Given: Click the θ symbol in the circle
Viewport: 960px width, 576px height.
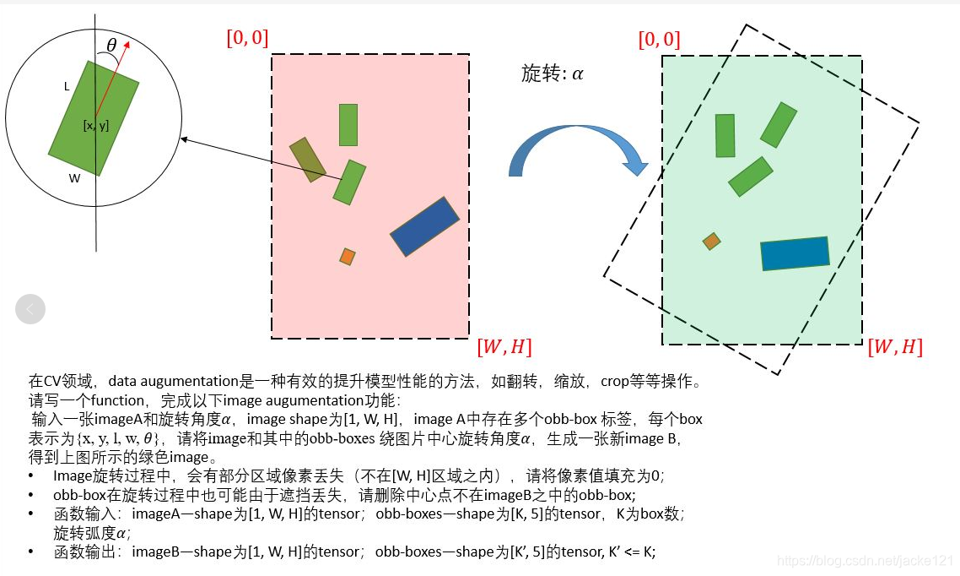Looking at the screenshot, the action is tap(112, 45).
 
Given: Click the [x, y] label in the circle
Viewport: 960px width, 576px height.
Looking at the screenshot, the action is tap(95, 126).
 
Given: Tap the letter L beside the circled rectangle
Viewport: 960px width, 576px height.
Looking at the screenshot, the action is tap(67, 86).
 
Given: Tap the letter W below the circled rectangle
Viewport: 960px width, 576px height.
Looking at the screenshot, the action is tap(75, 178).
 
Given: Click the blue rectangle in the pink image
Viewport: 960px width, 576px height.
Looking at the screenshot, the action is tap(424, 226).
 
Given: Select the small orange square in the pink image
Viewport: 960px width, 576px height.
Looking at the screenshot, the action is tap(347, 256).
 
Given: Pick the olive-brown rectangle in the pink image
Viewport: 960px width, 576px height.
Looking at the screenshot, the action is tap(307, 160).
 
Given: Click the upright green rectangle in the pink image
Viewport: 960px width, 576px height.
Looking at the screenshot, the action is tap(348, 125).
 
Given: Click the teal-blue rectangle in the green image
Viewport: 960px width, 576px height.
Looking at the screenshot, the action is tap(795, 253).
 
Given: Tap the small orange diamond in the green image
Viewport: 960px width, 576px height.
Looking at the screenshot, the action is tap(712, 242).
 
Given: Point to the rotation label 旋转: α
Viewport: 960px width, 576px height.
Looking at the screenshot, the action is tap(553, 73).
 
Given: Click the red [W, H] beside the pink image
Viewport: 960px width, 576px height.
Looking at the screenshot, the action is tap(504, 347).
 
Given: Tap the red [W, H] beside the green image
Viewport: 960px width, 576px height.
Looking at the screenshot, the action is tap(895, 347).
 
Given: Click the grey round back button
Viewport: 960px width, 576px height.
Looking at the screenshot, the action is tap(30, 309).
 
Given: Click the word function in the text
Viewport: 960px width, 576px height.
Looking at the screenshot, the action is tap(120, 400).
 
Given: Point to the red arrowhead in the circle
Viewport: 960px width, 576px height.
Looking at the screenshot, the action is tap(127, 47).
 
